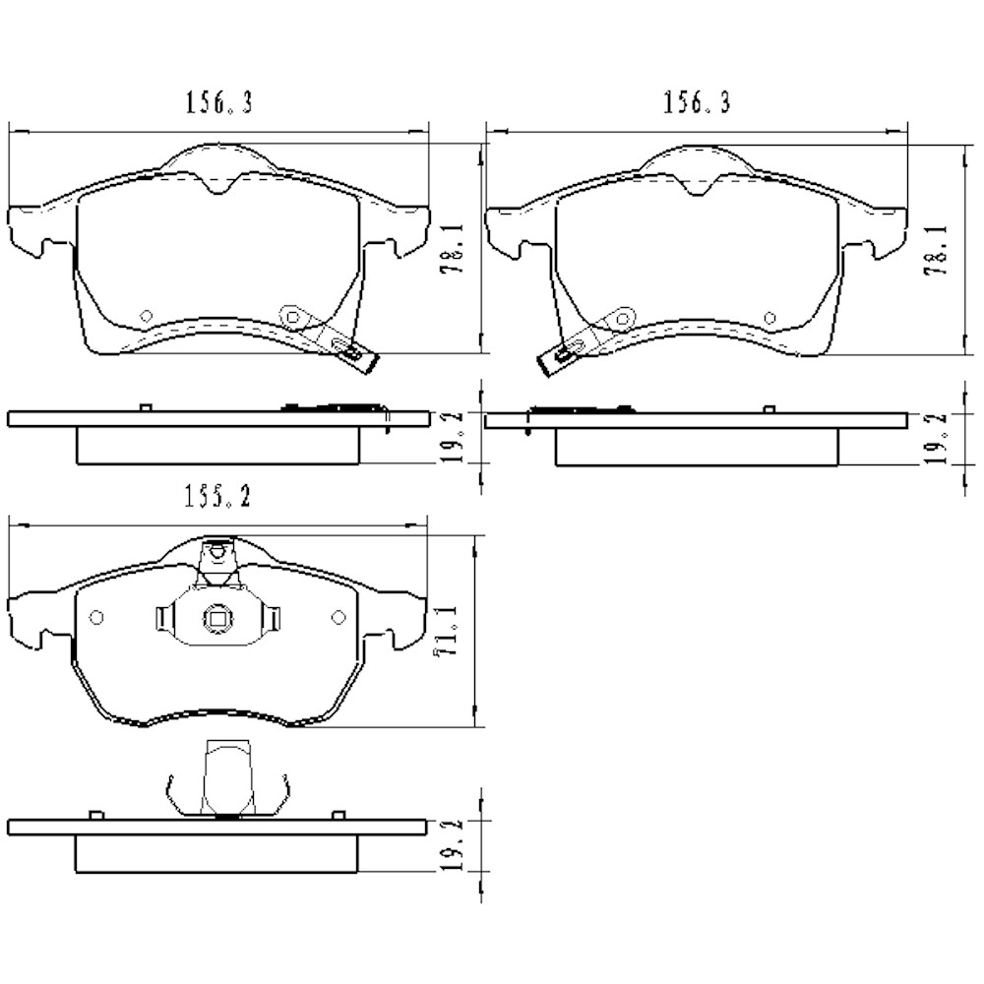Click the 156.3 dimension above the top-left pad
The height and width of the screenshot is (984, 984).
coord(218,103)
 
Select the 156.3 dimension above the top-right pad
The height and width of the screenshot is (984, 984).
coord(697,103)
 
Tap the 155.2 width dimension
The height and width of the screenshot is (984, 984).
coord(216,499)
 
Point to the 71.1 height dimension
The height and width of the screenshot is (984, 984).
coord(452,631)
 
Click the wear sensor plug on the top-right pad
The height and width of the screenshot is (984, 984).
coord(555,360)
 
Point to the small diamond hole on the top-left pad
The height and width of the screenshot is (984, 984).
coord(146,316)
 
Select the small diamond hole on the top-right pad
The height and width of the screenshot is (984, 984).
coord(770,317)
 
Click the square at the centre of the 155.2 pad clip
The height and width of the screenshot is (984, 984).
coord(216,619)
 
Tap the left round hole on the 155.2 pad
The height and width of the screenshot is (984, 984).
coord(96,617)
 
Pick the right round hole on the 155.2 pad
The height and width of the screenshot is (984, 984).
coord(338,617)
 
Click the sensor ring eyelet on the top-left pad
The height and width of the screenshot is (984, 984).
coord(291,316)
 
